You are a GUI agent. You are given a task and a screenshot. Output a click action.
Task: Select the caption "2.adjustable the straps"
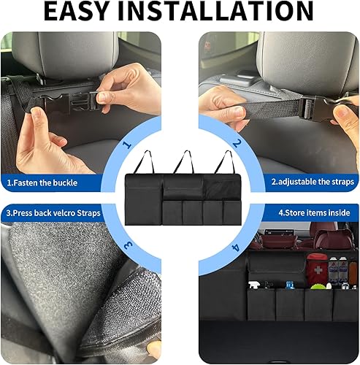point(313,181)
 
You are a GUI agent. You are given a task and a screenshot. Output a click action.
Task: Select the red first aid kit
point(316,267)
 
